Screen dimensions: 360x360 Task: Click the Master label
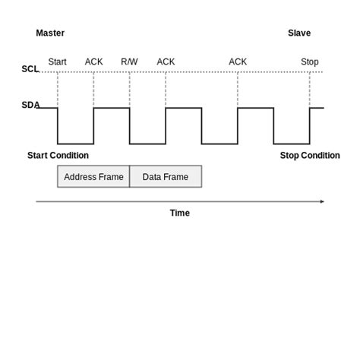50,33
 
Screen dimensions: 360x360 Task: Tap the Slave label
299,33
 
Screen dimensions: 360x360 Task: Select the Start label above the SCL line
57,62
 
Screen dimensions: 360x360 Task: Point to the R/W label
129,62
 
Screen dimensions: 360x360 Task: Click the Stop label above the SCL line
309,62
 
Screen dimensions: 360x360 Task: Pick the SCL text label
30,69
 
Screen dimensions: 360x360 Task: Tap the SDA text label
30,105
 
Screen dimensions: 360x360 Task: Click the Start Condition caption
58,156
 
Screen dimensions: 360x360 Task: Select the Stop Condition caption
310,156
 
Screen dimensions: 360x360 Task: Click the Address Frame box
93,177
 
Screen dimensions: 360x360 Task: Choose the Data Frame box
166,177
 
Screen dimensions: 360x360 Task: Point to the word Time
179,213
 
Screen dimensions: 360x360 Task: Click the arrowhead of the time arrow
322,201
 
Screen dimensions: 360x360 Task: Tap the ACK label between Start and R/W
93,62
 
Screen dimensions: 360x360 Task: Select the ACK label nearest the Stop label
238,62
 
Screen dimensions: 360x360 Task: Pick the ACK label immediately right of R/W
166,62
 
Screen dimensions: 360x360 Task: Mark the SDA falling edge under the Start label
58,125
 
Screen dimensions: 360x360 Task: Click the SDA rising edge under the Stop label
310,125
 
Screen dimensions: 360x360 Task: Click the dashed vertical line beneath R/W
130,90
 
